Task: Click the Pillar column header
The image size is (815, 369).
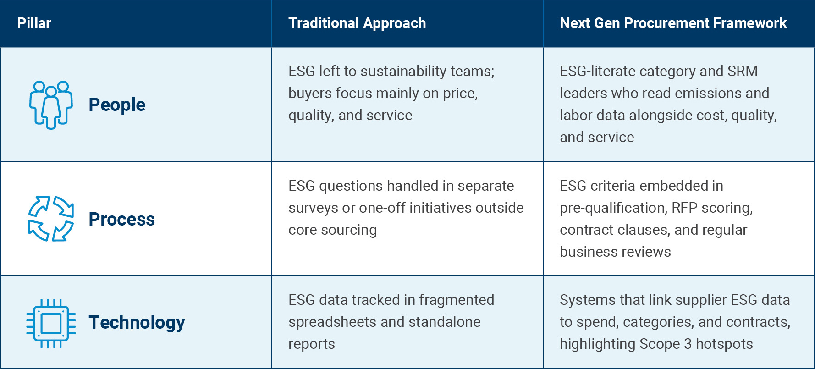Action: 34,23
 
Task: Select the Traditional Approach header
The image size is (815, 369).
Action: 357,23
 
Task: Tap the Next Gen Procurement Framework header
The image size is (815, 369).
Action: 673,23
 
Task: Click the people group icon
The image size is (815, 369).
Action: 51,105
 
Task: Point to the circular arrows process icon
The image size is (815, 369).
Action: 51,219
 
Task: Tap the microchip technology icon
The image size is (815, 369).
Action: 51,323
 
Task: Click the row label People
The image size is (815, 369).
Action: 117,105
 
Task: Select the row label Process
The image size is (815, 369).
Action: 121,219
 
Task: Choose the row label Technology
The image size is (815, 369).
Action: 137,322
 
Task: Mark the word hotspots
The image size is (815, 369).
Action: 724,344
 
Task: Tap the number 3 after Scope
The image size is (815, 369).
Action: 688,344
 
